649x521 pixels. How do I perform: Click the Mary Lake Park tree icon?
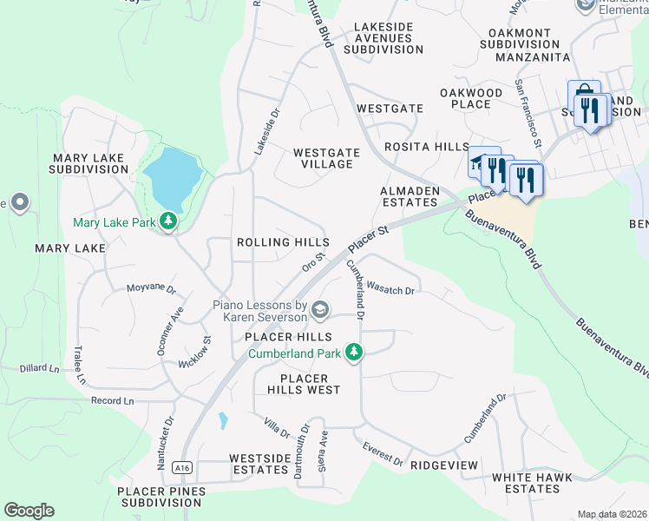(168, 222)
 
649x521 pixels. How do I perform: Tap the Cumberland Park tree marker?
(353, 353)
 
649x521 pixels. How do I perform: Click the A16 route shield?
(181, 467)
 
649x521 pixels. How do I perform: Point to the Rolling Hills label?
(283, 242)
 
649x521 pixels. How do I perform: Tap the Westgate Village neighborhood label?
(326, 158)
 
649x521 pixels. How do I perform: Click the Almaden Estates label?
(409, 195)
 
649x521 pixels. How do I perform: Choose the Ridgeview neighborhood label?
(444, 465)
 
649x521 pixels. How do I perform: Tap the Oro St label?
(312, 261)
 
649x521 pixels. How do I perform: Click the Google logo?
(29, 511)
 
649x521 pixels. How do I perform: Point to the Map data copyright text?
(612, 514)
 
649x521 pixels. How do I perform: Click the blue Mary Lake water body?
(172, 174)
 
